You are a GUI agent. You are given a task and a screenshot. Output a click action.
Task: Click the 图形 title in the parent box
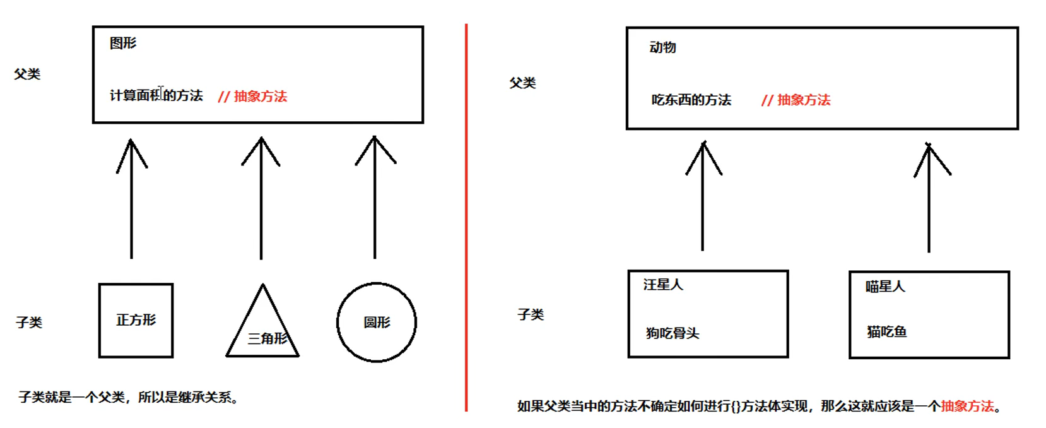tap(123, 44)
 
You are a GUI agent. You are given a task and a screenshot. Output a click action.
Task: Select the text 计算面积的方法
tap(156, 96)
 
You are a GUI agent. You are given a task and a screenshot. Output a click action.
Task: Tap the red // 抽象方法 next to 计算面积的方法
tap(252, 97)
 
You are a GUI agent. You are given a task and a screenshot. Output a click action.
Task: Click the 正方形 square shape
tap(136, 320)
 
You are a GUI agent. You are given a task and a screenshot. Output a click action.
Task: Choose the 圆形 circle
tap(377, 322)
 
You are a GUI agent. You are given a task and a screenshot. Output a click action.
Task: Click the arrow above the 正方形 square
tap(131, 199)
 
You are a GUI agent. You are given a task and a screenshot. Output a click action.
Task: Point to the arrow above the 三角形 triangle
tap(261, 199)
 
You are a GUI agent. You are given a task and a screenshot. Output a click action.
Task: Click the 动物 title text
tap(662, 48)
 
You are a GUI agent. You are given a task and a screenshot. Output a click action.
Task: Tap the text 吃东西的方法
tap(691, 100)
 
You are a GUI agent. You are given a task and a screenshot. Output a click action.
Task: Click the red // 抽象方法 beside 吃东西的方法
tap(796, 100)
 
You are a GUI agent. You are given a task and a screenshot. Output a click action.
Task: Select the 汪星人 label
tap(663, 285)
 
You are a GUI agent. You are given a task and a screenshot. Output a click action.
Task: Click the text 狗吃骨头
tap(673, 333)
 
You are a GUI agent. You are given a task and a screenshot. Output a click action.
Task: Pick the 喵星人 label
tap(885, 287)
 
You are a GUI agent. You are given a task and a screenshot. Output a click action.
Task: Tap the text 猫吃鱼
tap(887, 332)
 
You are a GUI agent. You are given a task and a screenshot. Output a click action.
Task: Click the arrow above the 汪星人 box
tap(703, 196)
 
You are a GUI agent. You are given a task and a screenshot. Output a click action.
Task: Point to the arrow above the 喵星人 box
tap(929, 197)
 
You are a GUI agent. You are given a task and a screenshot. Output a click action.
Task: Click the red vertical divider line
tap(466, 215)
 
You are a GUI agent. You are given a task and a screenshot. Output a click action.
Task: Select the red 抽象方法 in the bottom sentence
tap(967, 407)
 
